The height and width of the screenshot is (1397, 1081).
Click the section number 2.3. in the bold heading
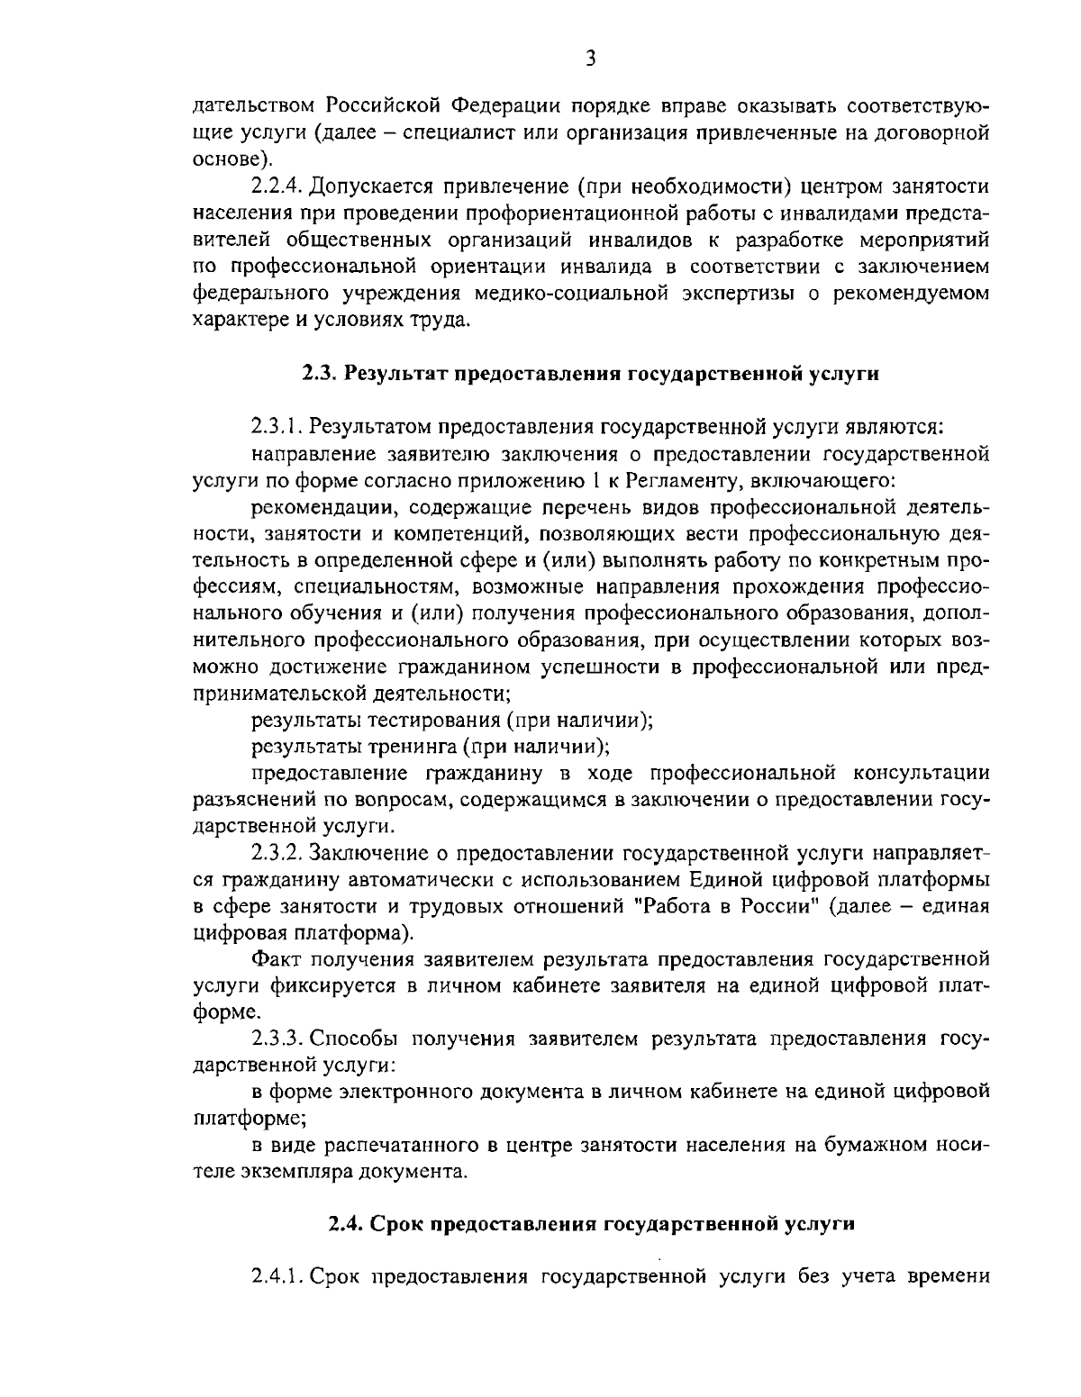tap(319, 374)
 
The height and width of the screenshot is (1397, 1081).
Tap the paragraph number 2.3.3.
tap(277, 1038)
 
